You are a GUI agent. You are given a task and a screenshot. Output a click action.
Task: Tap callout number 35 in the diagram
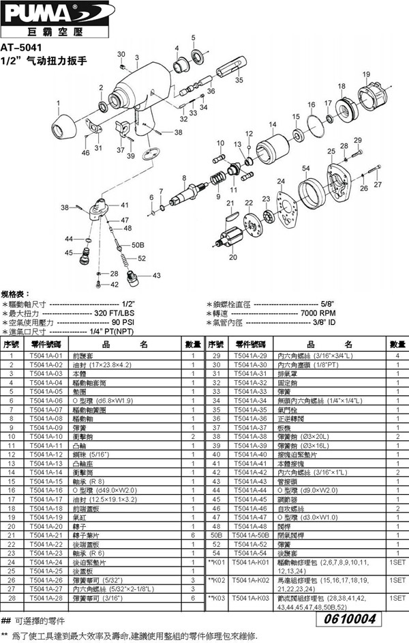239,80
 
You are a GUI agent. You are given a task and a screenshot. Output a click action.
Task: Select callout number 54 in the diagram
306,168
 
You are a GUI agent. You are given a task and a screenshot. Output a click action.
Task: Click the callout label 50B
136,244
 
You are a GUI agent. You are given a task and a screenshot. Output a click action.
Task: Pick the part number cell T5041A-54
249,552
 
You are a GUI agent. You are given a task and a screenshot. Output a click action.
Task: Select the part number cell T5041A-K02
249,580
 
